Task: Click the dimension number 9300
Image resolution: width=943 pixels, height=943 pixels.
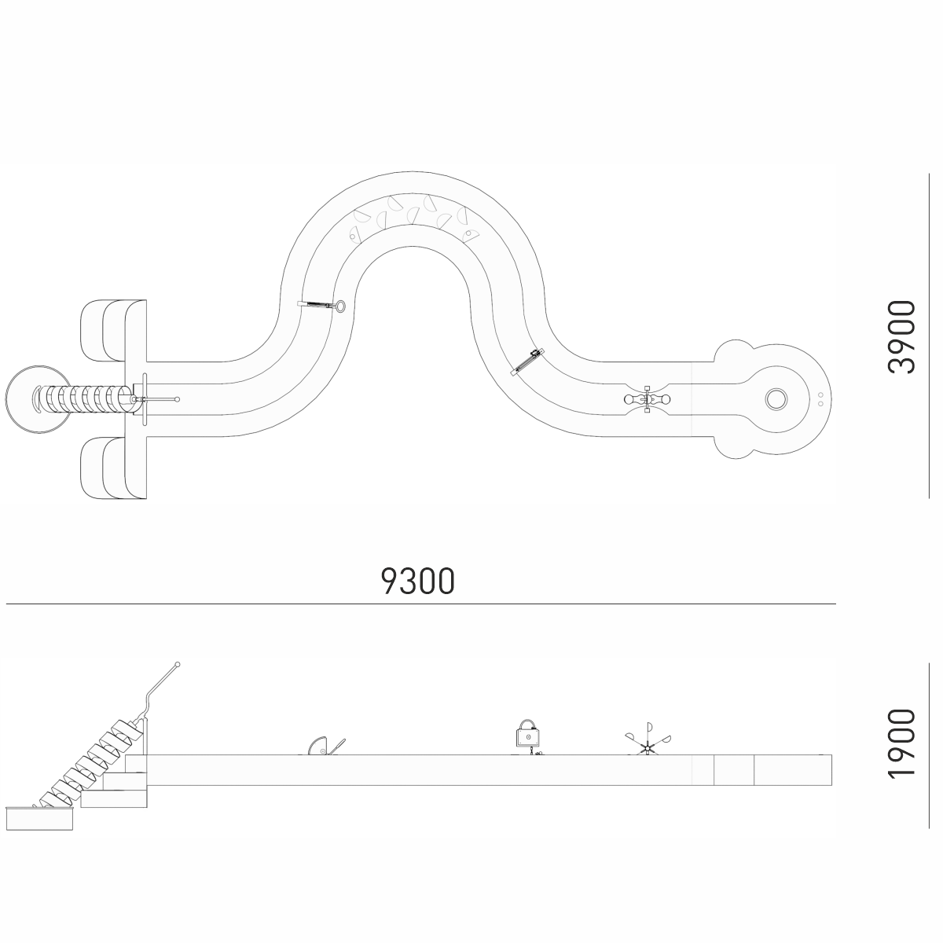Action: tap(417, 581)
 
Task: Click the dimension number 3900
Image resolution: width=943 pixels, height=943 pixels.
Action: tap(901, 337)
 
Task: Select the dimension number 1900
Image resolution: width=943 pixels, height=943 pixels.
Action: tap(901, 750)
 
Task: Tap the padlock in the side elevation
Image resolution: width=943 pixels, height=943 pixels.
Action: tap(528, 733)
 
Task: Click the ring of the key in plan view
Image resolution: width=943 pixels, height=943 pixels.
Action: tap(340, 306)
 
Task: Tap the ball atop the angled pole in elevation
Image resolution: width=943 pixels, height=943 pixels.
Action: tap(178, 665)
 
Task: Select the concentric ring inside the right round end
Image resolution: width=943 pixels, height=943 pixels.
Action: tap(776, 399)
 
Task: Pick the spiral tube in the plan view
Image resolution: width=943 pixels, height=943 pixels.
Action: tap(84, 399)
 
